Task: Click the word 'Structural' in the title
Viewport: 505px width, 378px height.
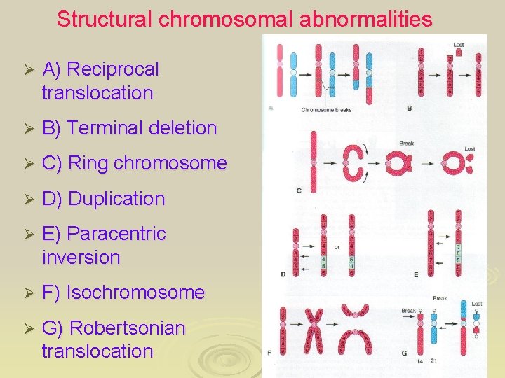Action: click(105, 19)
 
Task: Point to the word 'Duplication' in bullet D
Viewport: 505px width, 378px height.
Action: click(116, 198)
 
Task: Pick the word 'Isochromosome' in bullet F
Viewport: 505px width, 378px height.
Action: click(135, 292)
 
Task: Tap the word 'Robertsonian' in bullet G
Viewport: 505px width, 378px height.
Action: click(128, 328)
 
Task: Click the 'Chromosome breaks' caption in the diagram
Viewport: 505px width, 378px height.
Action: click(326, 109)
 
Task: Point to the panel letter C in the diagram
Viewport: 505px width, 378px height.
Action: click(299, 190)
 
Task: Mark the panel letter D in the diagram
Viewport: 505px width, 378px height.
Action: click(283, 274)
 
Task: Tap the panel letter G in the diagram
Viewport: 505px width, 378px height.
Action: click(405, 353)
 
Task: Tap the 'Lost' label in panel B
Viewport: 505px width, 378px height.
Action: click(459, 44)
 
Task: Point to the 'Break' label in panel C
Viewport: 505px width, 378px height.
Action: click(406, 143)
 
